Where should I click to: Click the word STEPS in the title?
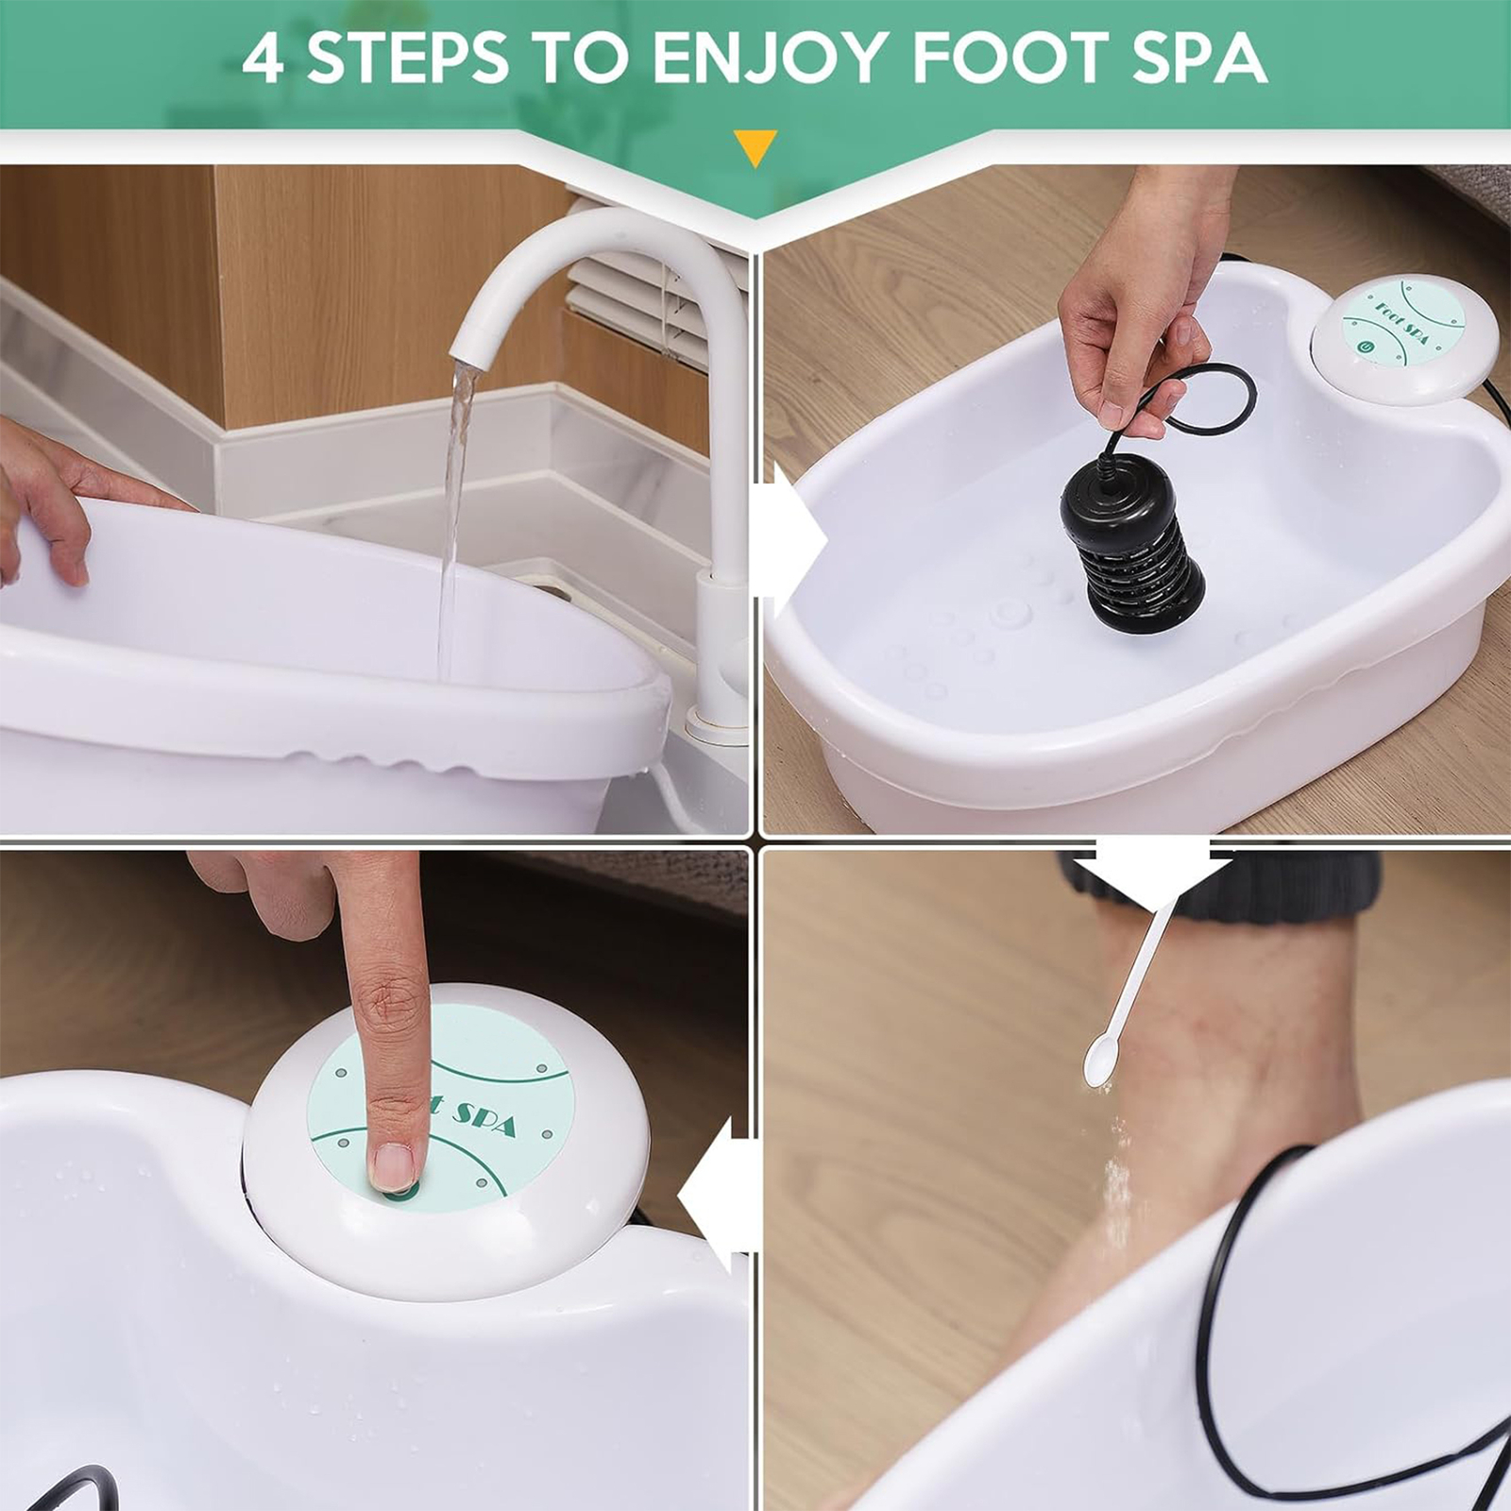[x=408, y=58]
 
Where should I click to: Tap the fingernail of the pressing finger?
[x=393, y=1165]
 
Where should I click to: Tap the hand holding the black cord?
[x=1133, y=312]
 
